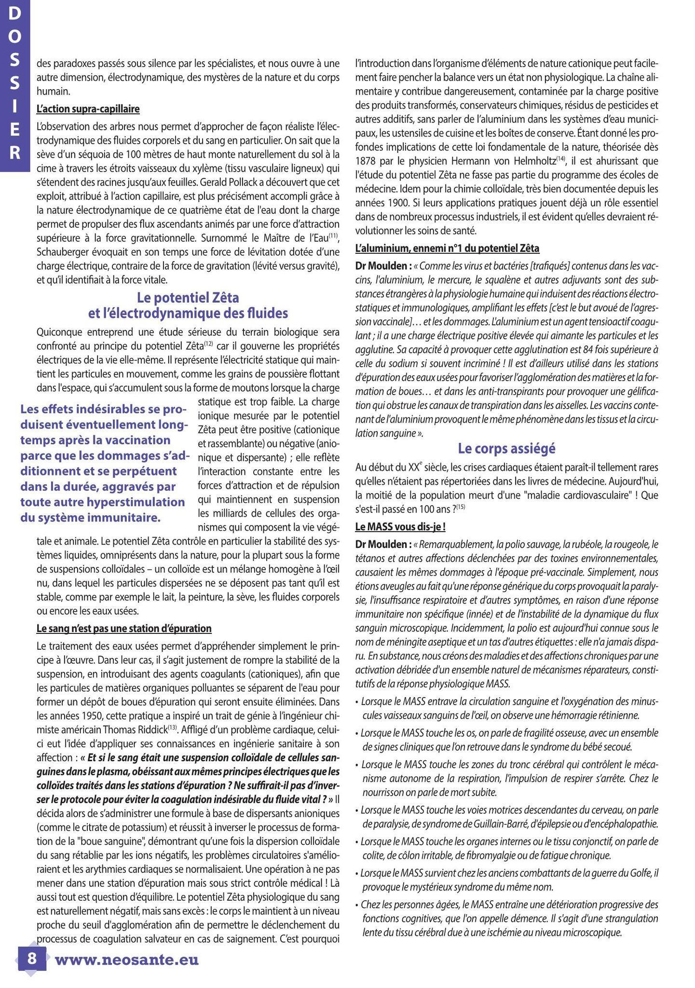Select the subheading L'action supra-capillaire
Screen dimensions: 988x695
[88, 109]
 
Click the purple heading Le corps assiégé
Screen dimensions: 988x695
[506, 449]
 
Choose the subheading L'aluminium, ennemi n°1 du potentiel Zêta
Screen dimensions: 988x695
[447, 248]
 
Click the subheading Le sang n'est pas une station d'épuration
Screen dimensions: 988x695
[124, 628]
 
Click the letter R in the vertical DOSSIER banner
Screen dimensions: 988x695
[15, 152]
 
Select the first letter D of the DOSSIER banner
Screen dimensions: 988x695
[15, 14]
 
